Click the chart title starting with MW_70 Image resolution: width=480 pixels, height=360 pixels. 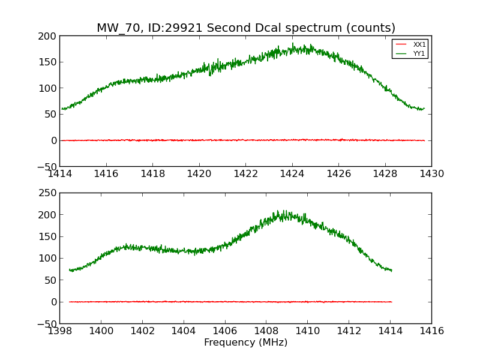pyautogui.click(x=246, y=28)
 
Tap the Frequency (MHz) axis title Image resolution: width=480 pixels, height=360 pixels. pyautogui.click(x=245, y=343)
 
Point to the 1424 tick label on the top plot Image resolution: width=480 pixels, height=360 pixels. pyautogui.click(x=292, y=174)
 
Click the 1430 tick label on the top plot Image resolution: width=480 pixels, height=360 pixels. pyautogui.click(x=431, y=174)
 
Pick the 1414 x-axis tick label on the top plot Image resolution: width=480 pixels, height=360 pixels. pyautogui.click(x=60, y=174)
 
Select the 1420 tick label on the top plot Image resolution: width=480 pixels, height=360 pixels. pyautogui.click(x=199, y=174)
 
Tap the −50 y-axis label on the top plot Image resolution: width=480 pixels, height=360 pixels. pyautogui.click(x=46, y=167)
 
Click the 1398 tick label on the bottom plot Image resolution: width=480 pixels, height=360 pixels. pyautogui.click(x=60, y=331)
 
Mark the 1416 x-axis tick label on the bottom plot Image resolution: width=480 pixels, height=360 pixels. pyautogui.click(x=431, y=331)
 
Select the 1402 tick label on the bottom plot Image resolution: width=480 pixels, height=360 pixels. pyautogui.click(x=142, y=331)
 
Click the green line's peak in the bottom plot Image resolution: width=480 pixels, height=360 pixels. pyautogui.click(x=277, y=211)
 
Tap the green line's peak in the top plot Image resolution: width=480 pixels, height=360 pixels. pyautogui.click(x=293, y=44)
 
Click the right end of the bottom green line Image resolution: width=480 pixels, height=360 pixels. pyautogui.click(x=392, y=271)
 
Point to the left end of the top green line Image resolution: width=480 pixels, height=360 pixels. pyautogui.click(x=62, y=109)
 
